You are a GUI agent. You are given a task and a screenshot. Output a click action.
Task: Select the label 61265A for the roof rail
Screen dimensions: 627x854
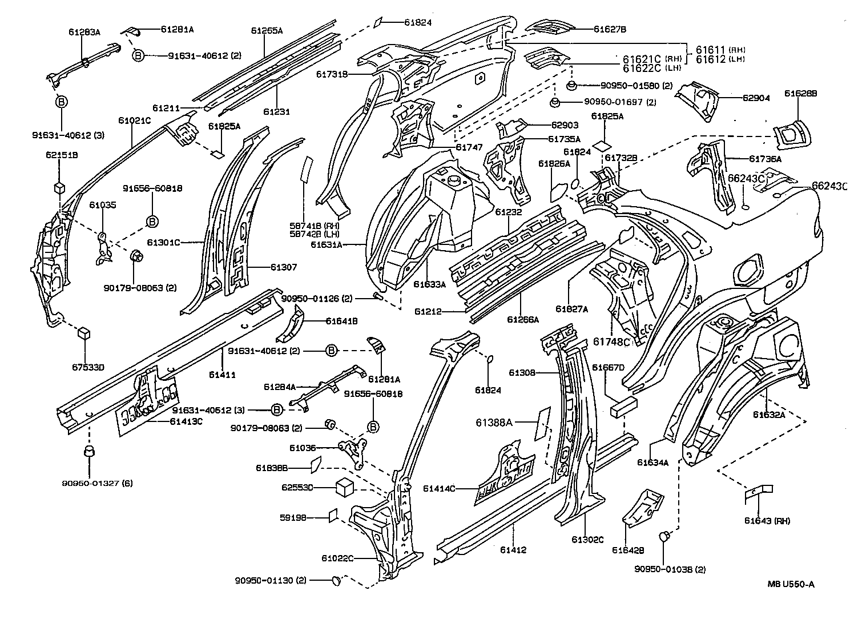coord(267,31)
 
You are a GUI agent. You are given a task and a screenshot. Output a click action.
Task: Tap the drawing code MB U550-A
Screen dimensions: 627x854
coord(791,584)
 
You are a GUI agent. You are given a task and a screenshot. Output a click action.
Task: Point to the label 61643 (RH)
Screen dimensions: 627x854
coord(767,521)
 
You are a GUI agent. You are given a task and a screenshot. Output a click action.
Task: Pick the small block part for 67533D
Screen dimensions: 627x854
coord(84,333)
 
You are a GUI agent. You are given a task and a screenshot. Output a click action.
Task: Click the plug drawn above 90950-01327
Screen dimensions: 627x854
coord(88,452)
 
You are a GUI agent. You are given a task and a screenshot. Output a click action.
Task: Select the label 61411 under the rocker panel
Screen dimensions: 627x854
coord(222,375)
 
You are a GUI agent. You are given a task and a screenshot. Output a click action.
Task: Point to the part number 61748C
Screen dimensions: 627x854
coord(611,341)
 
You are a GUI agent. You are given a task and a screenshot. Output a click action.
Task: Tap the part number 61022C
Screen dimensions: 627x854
coord(337,558)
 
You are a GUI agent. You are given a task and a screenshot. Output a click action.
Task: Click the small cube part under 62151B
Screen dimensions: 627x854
coord(59,188)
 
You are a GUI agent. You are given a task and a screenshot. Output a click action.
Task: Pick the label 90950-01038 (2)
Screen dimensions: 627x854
coord(670,569)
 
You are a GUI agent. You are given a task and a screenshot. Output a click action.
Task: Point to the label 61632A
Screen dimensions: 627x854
coord(768,415)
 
